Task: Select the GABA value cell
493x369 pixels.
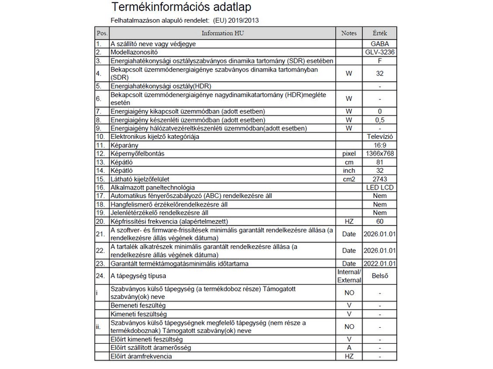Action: (380, 45)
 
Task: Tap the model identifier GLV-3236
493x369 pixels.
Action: (380, 53)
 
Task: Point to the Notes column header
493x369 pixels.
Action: (349, 33)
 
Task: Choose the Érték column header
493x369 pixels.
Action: (380, 33)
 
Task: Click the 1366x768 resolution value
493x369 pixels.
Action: (380, 153)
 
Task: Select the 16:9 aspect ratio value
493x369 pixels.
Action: (380, 144)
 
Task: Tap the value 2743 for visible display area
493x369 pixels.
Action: (380, 178)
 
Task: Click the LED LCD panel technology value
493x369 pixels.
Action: (380, 187)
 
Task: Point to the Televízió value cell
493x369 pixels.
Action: (380, 136)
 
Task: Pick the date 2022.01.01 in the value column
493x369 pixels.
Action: (380, 263)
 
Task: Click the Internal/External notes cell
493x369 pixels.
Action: (349, 276)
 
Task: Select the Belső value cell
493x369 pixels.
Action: (380, 276)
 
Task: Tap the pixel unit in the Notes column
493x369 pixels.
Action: (349, 153)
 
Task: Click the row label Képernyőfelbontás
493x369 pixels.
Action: (137, 153)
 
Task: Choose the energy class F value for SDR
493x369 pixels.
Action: (380, 61)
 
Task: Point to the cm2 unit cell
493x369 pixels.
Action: (349, 178)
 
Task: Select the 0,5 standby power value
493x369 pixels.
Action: (380, 119)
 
